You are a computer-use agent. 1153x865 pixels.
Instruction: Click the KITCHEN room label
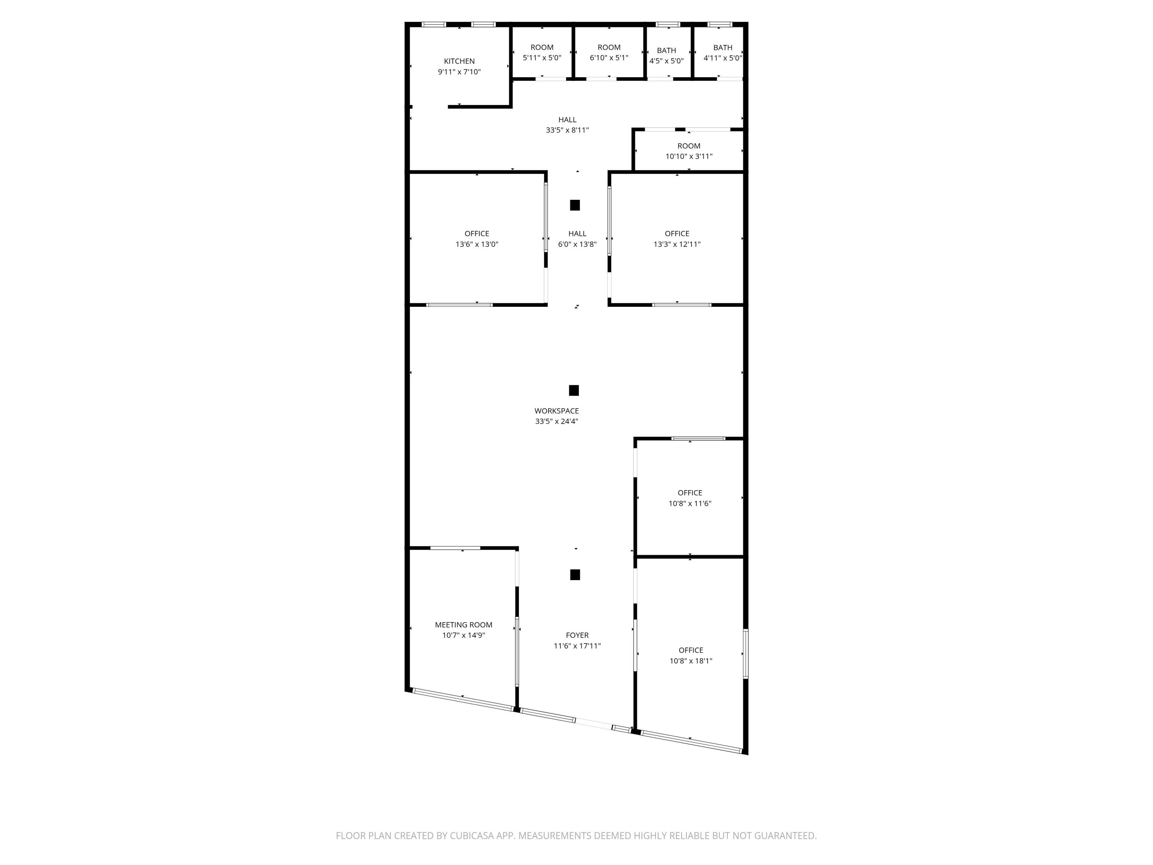pos(459,61)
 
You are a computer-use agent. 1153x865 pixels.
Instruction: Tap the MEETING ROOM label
pos(464,625)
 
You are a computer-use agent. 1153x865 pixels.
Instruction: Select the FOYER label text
pos(577,635)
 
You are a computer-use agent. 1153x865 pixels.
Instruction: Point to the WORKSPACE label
pos(557,411)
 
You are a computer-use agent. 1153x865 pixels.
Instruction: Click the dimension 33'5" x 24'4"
pos(557,421)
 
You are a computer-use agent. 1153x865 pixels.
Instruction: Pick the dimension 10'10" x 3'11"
pos(689,156)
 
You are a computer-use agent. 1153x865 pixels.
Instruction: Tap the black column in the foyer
pos(575,575)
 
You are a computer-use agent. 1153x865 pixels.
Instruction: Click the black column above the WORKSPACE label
pos(574,391)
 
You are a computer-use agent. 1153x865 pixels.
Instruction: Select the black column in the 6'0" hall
pos(575,205)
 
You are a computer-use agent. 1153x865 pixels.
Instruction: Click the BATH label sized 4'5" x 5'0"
pos(666,51)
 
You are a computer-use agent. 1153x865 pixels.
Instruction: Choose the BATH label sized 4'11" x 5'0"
pos(723,47)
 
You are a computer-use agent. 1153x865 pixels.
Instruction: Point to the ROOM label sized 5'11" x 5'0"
pos(542,47)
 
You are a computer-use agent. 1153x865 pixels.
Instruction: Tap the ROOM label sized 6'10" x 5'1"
pos(609,47)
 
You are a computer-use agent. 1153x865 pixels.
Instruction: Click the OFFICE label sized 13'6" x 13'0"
pos(477,234)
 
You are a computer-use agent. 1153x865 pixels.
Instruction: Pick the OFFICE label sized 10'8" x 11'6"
pos(689,493)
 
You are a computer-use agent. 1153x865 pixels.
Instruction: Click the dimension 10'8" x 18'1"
pos(691,660)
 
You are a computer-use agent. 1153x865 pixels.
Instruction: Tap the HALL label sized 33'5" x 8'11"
pos(567,120)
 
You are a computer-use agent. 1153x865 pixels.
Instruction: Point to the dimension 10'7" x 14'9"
pos(464,635)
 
